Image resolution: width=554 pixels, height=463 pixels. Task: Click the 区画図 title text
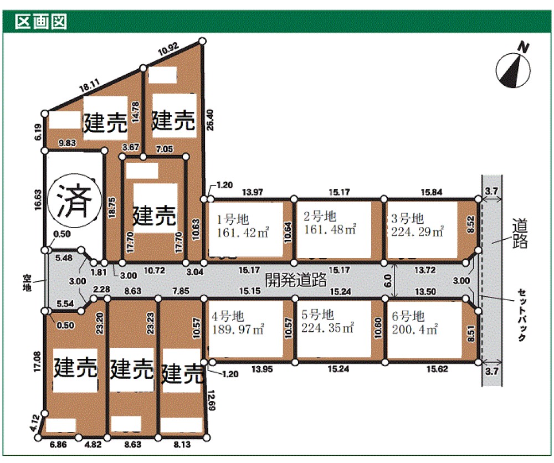[40, 22]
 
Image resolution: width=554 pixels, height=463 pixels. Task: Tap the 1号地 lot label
[233, 219]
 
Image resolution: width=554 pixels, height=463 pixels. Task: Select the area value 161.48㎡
[330, 229]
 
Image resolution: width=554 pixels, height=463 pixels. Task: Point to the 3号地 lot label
[407, 219]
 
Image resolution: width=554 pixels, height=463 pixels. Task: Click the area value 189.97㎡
[238, 329]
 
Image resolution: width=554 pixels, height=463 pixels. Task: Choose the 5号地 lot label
[317, 315]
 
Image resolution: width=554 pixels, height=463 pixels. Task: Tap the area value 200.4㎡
[414, 329]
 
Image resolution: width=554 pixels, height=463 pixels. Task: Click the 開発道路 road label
[296, 280]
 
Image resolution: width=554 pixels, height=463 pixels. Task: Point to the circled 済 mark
[74, 200]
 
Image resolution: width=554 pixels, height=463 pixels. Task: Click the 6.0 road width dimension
[388, 281]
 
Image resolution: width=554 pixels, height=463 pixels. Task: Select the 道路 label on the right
[520, 234]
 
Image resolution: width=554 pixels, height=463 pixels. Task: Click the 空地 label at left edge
[27, 283]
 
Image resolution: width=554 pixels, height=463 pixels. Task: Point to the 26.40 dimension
[210, 120]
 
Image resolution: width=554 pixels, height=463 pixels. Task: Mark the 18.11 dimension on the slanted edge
[89, 85]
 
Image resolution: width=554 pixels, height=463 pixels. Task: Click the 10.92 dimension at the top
[168, 49]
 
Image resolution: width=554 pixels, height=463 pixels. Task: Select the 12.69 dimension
[211, 400]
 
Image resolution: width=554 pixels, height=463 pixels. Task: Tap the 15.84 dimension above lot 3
[432, 192]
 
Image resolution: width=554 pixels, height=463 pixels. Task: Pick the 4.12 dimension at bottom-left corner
[34, 424]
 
